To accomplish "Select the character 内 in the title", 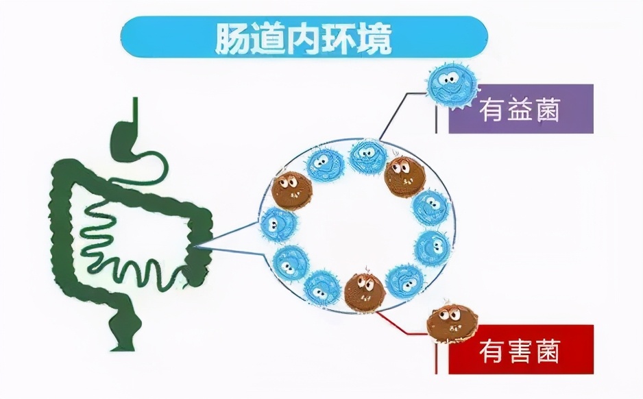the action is pos(302,38).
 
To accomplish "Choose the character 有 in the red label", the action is pos(493,350).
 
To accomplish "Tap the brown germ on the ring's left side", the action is pos(291,190).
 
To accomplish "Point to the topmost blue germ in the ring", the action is pos(368,156).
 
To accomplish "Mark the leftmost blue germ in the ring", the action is pos(279,223).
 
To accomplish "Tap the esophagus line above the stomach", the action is pos(134,110).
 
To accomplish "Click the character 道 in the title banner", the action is pos(267,38).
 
